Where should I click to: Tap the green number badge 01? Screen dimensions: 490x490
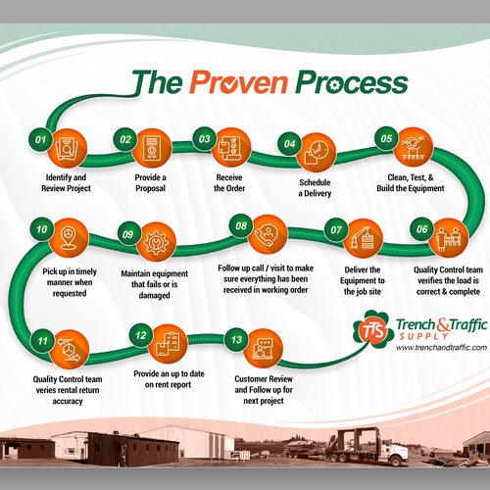pos(41,139)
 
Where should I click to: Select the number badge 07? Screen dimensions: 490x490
pos(336,231)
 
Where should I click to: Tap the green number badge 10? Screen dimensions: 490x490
pos(41,230)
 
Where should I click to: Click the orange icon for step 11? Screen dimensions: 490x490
pos(67,346)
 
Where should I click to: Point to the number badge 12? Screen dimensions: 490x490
pos(143,336)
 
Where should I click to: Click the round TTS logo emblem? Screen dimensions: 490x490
pos(371,329)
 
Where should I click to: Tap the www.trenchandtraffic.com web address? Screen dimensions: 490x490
pos(424,347)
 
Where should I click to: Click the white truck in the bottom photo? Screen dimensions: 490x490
pos(399,449)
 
